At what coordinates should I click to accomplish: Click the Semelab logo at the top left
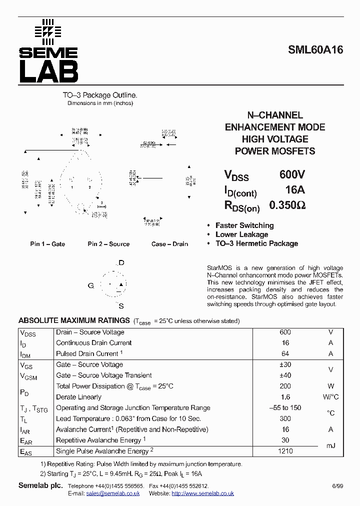point(48,51)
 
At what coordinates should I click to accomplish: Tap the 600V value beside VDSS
point(292,174)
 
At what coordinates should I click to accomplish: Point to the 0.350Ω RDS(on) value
point(287,205)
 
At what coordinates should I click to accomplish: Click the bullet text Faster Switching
point(244,225)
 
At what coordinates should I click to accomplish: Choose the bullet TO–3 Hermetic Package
point(256,243)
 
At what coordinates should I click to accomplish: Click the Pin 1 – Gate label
point(47,244)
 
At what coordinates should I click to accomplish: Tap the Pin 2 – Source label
point(108,244)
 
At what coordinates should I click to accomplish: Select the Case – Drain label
point(169,244)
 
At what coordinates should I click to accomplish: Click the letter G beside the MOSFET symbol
point(91,285)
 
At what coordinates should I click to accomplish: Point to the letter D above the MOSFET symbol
point(121,263)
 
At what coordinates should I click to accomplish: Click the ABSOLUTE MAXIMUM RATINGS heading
point(74,320)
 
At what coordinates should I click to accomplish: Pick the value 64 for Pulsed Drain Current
point(285,354)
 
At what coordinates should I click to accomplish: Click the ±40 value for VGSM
point(285,375)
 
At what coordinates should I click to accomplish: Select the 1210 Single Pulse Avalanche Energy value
point(285,451)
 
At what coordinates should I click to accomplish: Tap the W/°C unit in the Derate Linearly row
point(330,397)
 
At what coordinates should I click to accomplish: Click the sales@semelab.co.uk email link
point(113,493)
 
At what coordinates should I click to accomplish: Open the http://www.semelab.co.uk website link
point(202,493)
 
